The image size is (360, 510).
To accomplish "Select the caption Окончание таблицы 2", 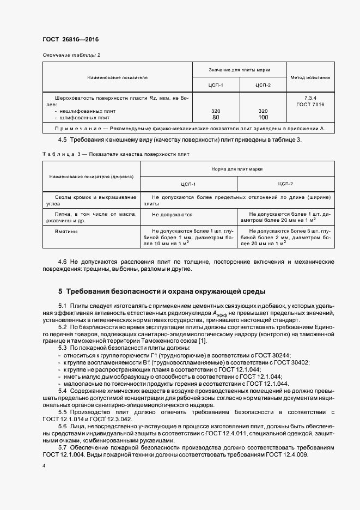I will [x=71, y=55].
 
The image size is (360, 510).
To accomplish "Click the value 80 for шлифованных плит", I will [x=216, y=117].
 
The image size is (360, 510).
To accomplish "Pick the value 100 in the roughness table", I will [x=263, y=117].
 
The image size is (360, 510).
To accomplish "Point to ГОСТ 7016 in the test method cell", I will [x=310, y=104].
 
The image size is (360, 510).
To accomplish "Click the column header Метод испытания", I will [x=310, y=77].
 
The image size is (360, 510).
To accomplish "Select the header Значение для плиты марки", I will [x=240, y=70].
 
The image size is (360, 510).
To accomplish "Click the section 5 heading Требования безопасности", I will [x=162, y=292].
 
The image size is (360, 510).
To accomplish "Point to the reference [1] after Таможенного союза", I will [x=203, y=341].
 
